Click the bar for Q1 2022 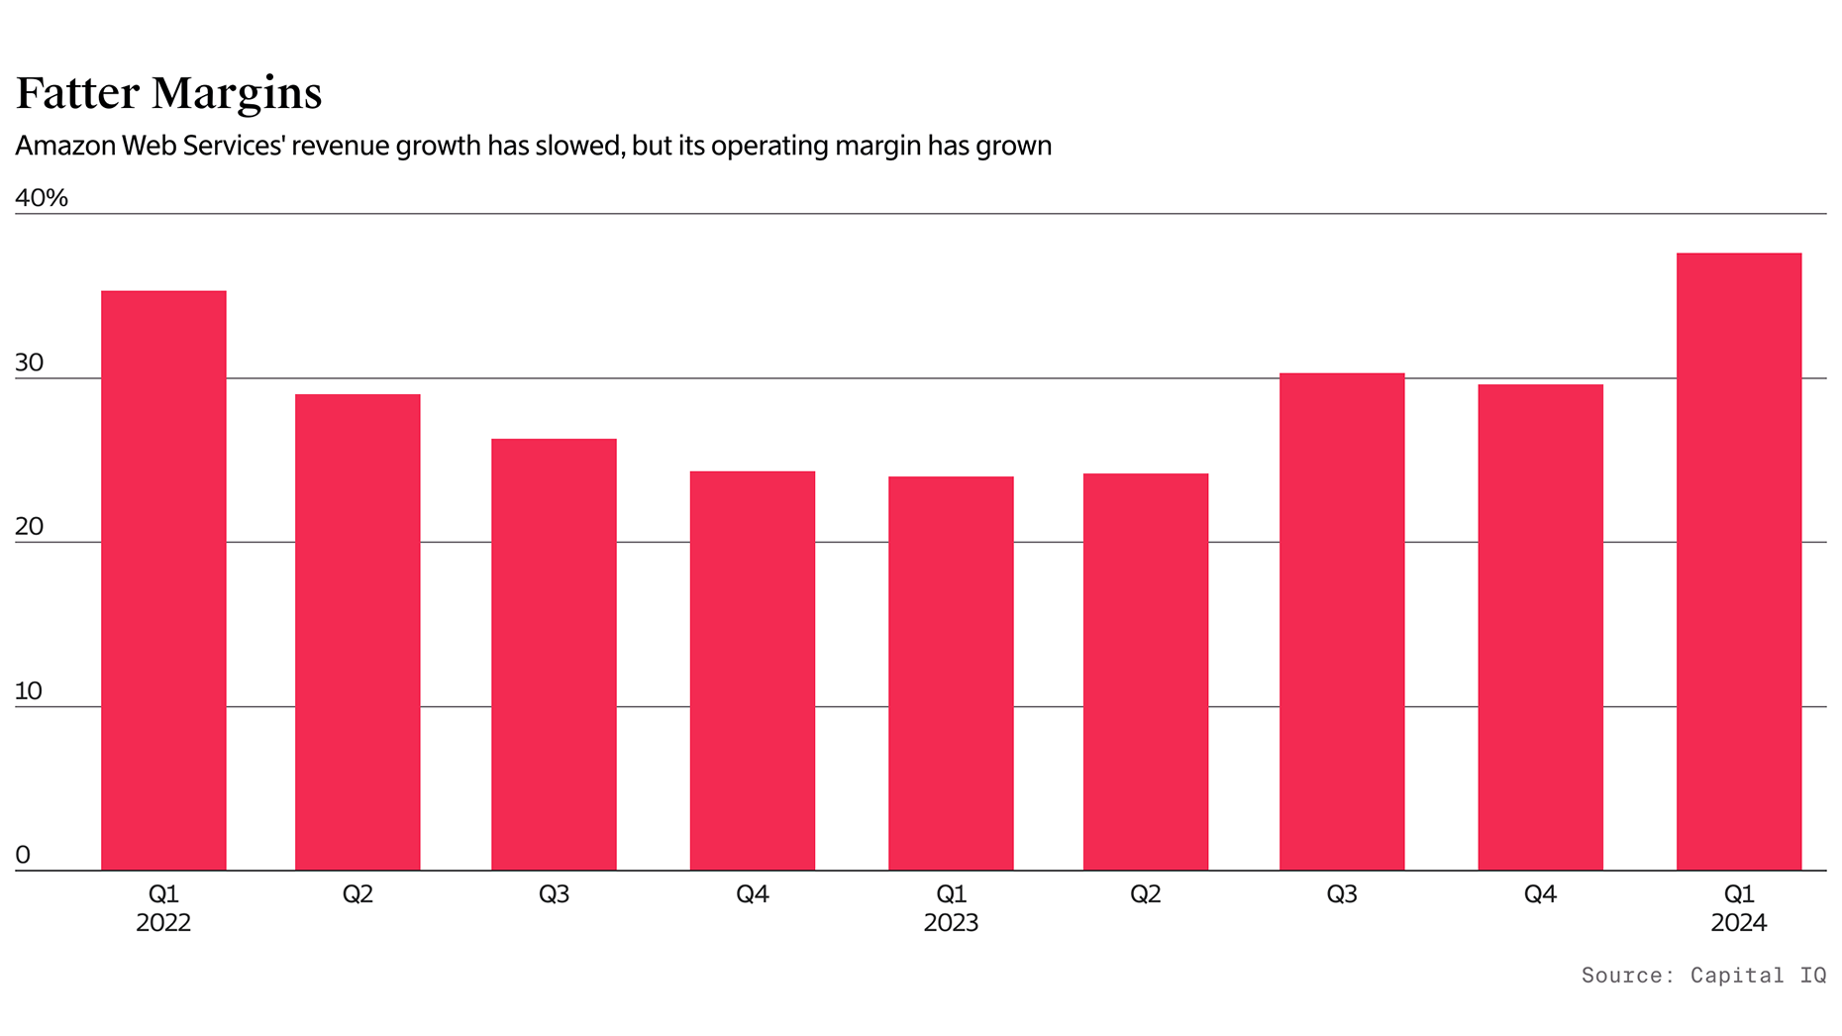point(163,580)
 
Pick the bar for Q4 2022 point(753,671)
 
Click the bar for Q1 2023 point(951,673)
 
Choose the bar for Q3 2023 point(1342,622)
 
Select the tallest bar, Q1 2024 point(1739,562)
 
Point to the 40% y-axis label point(42,198)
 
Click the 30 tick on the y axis point(30,363)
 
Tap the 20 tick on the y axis point(30,527)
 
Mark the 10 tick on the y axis point(29,691)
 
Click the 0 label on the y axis point(23,855)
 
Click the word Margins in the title point(238,94)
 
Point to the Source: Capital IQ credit point(1703,976)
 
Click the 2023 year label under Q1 point(951,923)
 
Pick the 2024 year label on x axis point(1739,923)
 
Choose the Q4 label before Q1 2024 point(1540,894)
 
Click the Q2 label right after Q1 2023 point(1146,894)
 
